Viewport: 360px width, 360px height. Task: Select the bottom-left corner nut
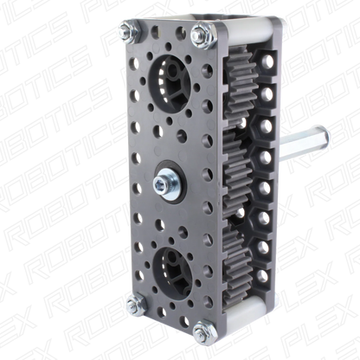(x=136, y=304)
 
